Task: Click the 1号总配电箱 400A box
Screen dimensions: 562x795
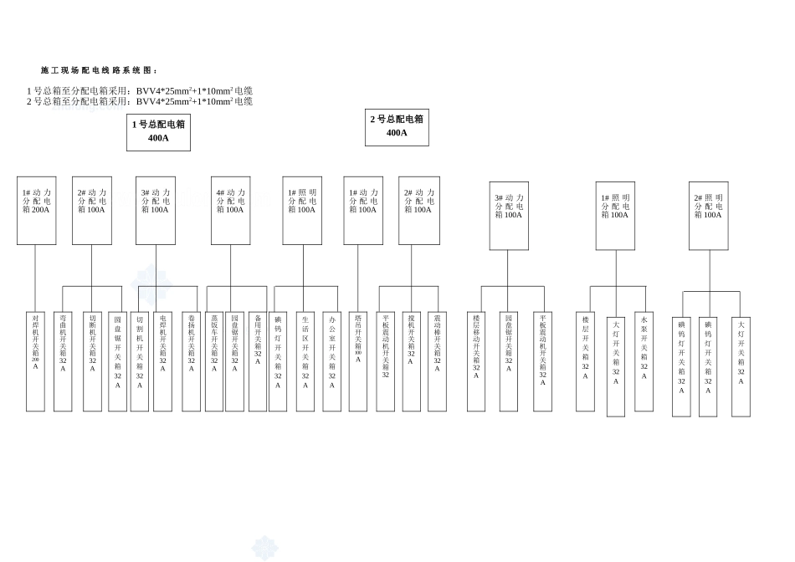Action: click(158, 132)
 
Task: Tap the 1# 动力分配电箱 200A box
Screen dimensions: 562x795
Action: click(36, 210)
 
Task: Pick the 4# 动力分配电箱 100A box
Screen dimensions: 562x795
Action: click(230, 210)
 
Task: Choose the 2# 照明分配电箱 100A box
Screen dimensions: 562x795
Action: click(708, 216)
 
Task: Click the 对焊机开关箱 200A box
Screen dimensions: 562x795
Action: click(36, 360)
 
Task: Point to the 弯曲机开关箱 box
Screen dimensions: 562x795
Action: click(63, 360)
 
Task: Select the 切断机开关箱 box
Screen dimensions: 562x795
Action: click(93, 360)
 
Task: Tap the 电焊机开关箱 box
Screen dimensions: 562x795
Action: click(163, 360)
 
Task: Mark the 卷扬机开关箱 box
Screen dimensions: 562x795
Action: click(192, 360)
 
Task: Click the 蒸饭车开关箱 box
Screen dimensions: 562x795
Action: click(214, 360)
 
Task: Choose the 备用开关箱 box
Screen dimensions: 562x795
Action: click(258, 360)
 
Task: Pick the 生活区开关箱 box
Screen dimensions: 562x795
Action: click(305, 360)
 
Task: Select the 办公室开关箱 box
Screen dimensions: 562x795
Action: click(332, 360)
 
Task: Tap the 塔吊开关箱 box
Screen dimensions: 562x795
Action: click(358, 360)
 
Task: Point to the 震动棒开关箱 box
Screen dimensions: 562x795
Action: click(437, 360)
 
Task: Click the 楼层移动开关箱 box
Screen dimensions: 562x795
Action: click(476, 360)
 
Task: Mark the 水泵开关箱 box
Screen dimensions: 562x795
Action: click(644, 360)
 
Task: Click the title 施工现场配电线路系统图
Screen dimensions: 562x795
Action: click(99, 70)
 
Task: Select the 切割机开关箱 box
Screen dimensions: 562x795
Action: click(140, 360)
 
